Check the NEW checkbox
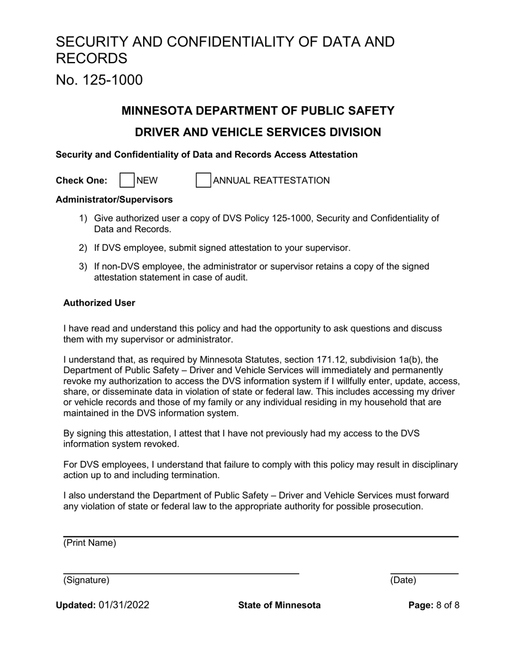[127, 181]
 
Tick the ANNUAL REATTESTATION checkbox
[203, 181]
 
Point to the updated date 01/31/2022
[124, 605]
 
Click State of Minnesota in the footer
[279, 605]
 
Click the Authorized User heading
[99, 303]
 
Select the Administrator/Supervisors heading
[114, 200]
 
